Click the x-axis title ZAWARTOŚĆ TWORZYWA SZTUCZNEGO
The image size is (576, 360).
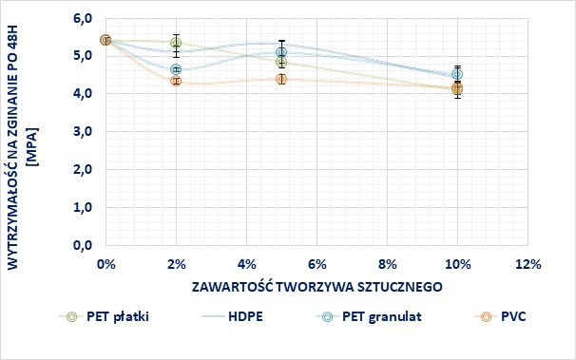pos(316,285)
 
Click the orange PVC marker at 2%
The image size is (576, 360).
pos(176,82)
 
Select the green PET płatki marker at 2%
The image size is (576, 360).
pos(176,43)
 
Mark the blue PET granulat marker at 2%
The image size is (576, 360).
pos(176,69)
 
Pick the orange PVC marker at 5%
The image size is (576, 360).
pos(281,79)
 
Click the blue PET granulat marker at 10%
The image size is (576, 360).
pos(457,74)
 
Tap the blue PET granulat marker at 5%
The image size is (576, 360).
pos(281,53)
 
